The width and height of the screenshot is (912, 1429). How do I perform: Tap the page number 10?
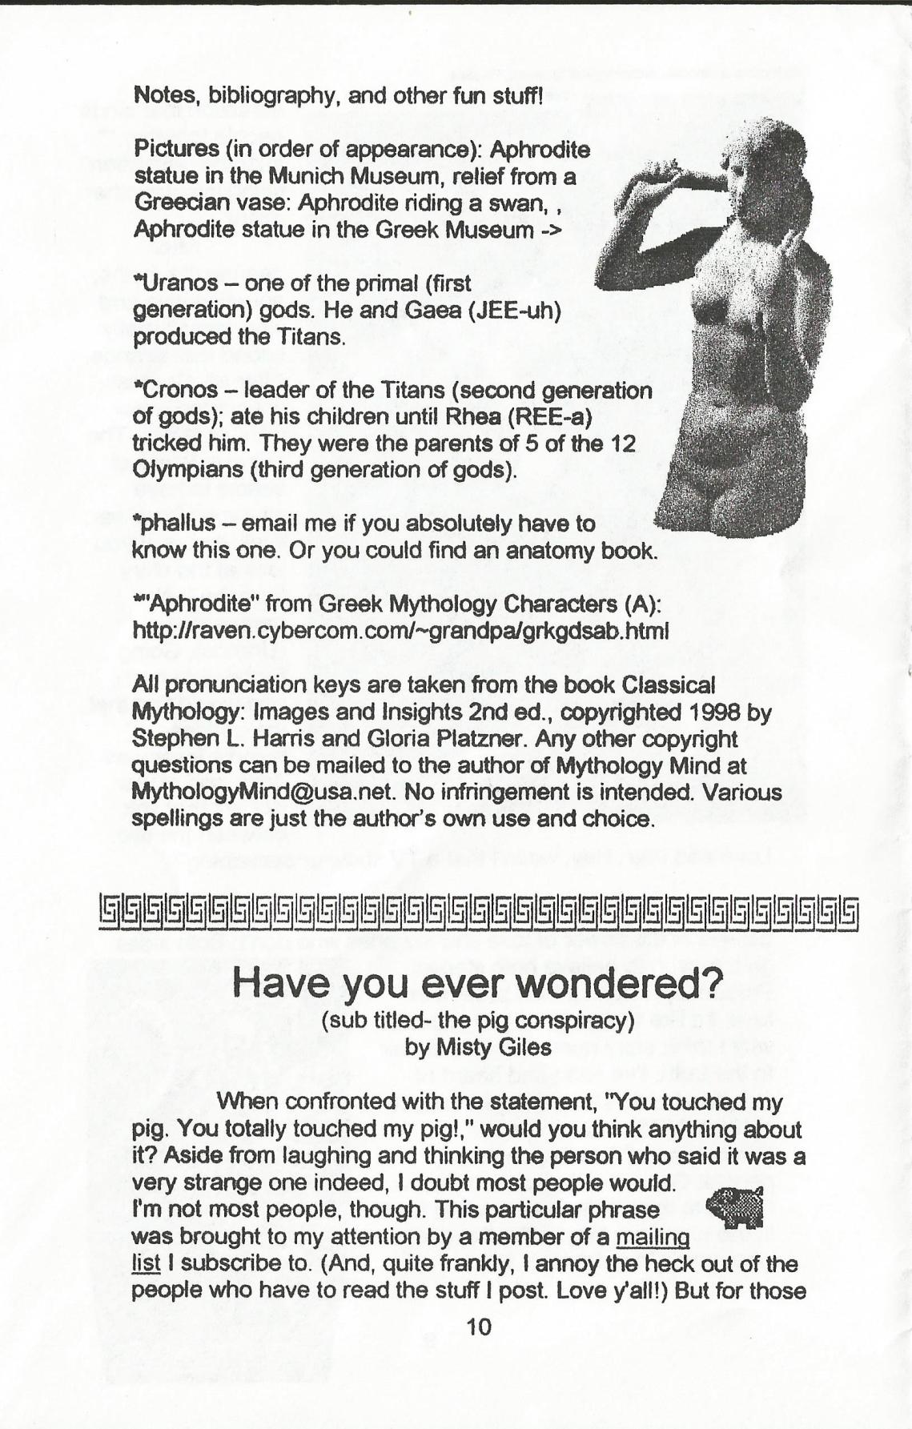click(x=478, y=1327)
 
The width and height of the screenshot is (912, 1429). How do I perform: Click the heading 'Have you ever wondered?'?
click(x=478, y=983)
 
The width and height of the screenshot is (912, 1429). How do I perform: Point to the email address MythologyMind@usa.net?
click(x=264, y=793)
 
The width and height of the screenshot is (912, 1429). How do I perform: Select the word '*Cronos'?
click(x=175, y=390)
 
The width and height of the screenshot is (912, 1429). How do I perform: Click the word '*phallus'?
click(x=175, y=524)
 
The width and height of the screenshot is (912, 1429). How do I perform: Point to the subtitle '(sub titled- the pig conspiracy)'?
click(x=478, y=1021)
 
